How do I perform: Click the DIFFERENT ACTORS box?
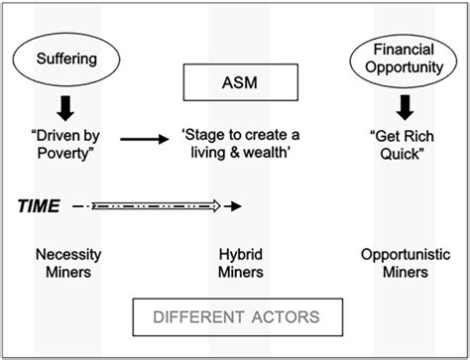click(236, 317)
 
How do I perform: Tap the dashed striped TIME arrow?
click(164, 207)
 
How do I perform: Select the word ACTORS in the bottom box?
click(279, 317)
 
